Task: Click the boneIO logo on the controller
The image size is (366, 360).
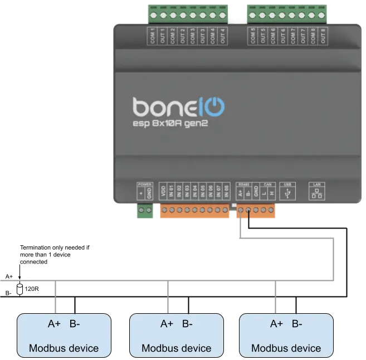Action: (178, 106)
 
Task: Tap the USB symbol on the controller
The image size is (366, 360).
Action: (287, 194)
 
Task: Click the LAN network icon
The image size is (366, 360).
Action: (315, 193)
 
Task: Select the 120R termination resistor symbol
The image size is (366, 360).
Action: (20, 289)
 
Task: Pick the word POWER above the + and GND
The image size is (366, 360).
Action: (145, 184)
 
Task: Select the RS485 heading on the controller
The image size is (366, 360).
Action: (243, 184)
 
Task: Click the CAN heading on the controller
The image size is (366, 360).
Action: (267, 184)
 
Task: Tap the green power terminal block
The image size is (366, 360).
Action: (145, 211)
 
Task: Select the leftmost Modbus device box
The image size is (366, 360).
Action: (64, 335)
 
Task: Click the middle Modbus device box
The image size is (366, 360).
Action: (176, 335)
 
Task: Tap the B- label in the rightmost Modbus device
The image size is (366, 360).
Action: (296, 324)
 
